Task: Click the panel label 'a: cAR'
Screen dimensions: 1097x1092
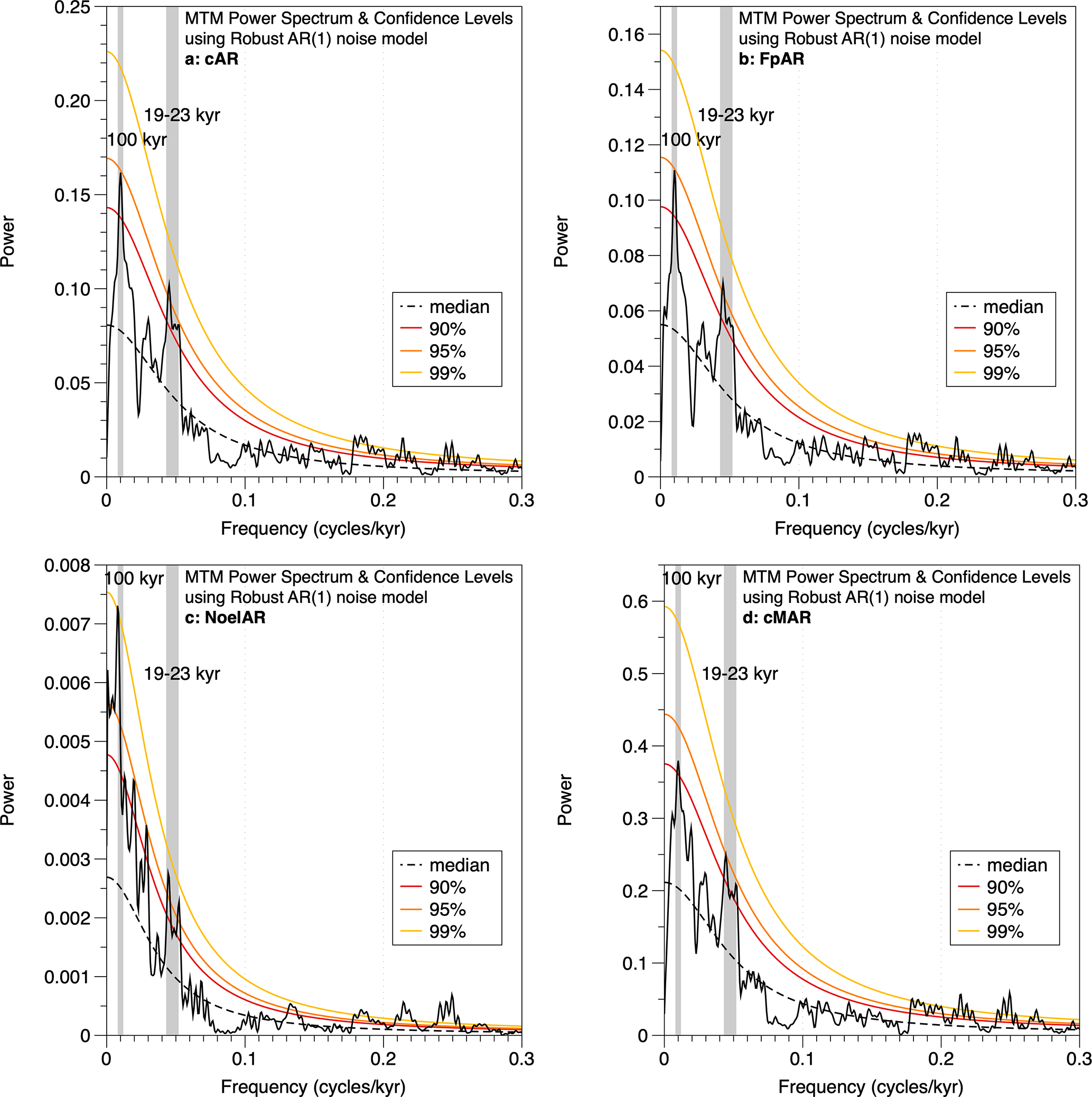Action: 211,59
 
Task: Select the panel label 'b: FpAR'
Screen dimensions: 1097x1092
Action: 771,59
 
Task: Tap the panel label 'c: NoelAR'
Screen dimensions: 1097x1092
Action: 225,618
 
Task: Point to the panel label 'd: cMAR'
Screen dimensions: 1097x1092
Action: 777,618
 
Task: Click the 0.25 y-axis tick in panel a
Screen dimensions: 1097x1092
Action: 72,8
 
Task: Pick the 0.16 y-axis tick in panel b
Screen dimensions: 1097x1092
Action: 626,35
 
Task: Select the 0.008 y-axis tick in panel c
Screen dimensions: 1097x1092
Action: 67,566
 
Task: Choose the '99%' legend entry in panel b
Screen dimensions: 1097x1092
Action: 1001,374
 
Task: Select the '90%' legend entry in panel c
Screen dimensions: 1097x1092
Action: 447,887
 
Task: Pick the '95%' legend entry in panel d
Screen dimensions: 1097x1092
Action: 1005,910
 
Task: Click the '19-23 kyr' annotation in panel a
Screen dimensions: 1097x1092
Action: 182,115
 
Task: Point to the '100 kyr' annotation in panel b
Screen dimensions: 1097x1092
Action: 691,140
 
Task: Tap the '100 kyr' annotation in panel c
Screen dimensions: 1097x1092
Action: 135,579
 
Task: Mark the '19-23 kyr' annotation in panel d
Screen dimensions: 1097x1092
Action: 740,674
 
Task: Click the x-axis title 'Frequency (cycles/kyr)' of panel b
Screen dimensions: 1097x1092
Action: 867,528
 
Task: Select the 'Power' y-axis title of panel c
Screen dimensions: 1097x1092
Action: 8,799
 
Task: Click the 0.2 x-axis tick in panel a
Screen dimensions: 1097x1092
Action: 384,501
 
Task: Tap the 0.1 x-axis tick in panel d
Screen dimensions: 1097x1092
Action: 802,1060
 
